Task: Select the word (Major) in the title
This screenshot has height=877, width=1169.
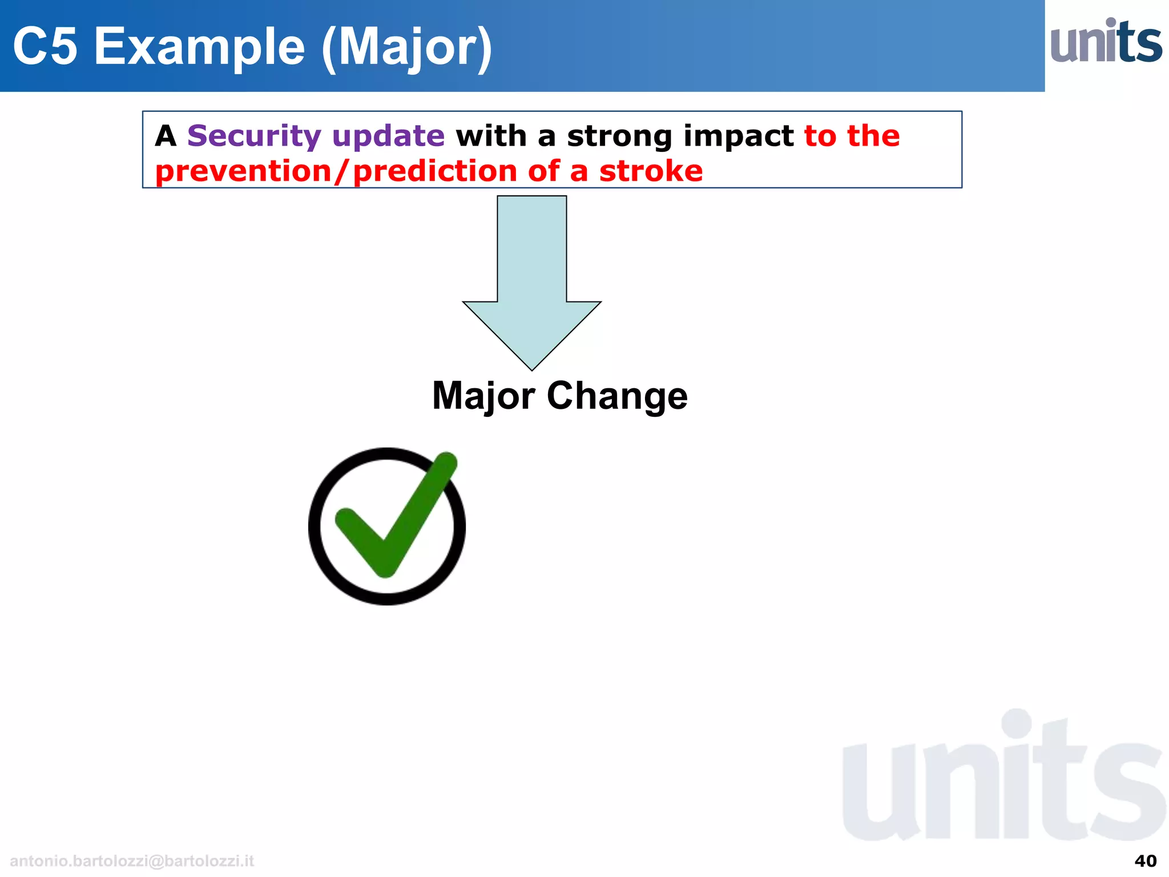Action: pyautogui.click(x=407, y=48)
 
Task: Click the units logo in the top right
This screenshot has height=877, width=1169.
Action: pyautogui.click(x=1106, y=42)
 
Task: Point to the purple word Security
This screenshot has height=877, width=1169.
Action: pyautogui.click(x=254, y=136)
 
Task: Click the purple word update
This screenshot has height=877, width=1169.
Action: pyautogui.click(x=388, y=136)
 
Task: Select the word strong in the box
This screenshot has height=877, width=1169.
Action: pyautogui.click(x=619, y=137)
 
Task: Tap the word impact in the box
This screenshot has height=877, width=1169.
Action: pyautogui.click(x=738, y=137)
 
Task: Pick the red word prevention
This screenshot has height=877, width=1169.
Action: pyautogui.click(x=243, y=171)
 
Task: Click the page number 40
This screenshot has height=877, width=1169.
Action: pyautogui.click(x=1145, y=860)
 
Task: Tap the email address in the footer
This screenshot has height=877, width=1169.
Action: pyautogui.click(x=132, y=861)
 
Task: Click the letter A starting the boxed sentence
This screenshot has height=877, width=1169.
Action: pyautogui.click(x=166, y=136)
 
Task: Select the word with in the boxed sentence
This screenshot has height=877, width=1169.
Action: pyautogui.click(x=491, y=136)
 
